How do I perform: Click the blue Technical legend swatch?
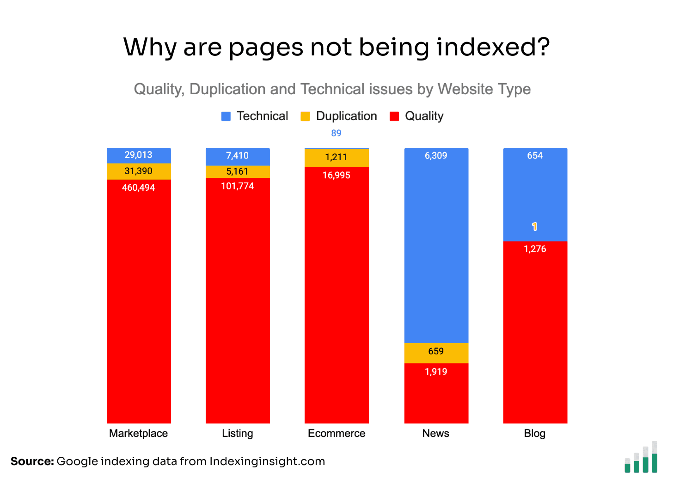(226, 116)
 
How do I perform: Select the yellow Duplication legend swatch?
(305, 116)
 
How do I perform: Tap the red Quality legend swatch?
(394, 116)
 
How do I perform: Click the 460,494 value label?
(139, 188)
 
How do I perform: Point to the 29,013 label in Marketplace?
(139, 155)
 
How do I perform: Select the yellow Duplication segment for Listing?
(238, 171)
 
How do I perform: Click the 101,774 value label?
(238, 186)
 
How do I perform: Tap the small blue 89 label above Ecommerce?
(336, 133)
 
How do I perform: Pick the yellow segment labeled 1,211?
(336, 157)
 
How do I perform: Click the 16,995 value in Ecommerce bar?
(336, 175)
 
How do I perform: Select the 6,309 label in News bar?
(436, 156)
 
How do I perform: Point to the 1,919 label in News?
(436, 372)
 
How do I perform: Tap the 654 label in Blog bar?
(535, 156)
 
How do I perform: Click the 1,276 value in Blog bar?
(535, 249)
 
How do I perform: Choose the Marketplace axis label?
(139, 434)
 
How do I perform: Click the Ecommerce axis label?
(336, 434)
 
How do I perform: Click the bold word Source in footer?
(32, 461)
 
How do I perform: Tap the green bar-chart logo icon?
(641, 458)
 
